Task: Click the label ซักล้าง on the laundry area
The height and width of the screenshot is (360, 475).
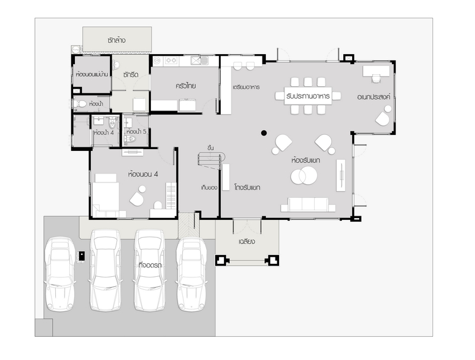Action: click(116, 40)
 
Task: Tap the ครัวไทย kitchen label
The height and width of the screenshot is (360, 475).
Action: click(186, 86)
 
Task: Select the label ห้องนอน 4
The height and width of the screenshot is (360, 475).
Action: click(143, 174)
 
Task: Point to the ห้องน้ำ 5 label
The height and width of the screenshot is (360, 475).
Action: click(137, 132)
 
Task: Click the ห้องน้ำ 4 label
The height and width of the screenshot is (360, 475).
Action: click(103, 132)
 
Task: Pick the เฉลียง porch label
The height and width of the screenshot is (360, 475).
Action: click(246, 242)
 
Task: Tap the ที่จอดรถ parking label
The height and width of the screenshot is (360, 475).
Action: click(150, 265)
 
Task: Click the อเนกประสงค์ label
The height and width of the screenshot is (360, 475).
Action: click(373, 97)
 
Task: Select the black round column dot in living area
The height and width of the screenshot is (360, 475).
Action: click(264, 132)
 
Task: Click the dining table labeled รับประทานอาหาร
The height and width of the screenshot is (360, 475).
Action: click(308, 96)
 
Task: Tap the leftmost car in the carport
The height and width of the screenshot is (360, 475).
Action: click(60, 274)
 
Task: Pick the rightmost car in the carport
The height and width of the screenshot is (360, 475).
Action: click(192, 274)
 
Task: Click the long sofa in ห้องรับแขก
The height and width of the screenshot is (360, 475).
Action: click(308, 204)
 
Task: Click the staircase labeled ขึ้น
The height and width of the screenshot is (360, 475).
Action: click(211, 160)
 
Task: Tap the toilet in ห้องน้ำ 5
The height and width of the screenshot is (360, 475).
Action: click(130, 139)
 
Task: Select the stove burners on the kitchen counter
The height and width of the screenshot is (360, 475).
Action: click(171, 61)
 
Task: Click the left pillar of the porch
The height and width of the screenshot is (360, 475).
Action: click(221, 260)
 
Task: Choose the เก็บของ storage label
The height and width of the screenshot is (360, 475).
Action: click(209, 188)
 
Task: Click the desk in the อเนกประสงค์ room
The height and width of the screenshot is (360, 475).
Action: click(376, 71)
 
